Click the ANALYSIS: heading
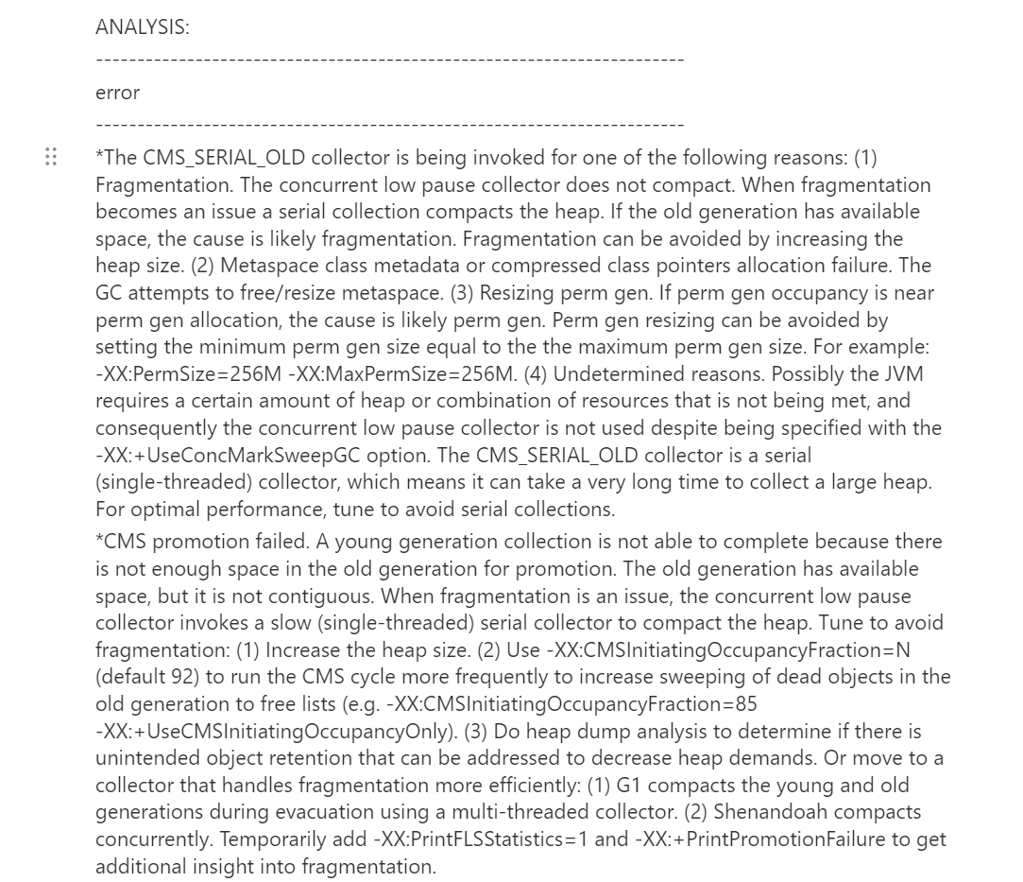point(142,27)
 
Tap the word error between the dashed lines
point(117,93)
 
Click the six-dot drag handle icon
point(51,157)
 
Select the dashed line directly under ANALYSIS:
point(389,61)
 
